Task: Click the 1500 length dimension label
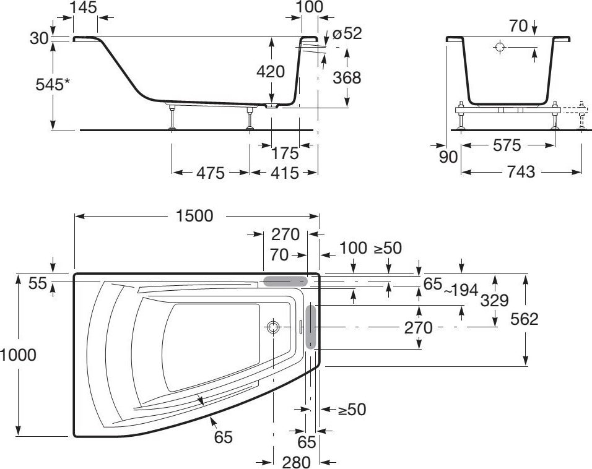click(194, 216)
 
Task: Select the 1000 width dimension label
click(18, 355)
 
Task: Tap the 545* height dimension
click(53, 85)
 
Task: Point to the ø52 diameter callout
click(347, 33)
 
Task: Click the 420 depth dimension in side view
click(271, 72)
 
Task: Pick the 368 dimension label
click(347, 78)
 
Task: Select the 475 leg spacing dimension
click(211, 173)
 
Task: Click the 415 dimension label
click(285, 173)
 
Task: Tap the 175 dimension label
click(285, 153)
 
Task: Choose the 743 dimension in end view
click(521, 172)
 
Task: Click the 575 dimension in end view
click(507, 145)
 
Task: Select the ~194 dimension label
click(461, 290)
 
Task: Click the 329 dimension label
click(495, 301)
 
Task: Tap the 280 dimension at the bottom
click(297, 462)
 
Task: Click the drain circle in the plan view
click(272, 327)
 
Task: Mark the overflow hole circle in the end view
click(500, 47)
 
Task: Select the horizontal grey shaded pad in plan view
click(285, 281)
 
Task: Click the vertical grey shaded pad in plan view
click(311, 327)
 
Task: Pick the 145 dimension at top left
click(84, 7)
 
